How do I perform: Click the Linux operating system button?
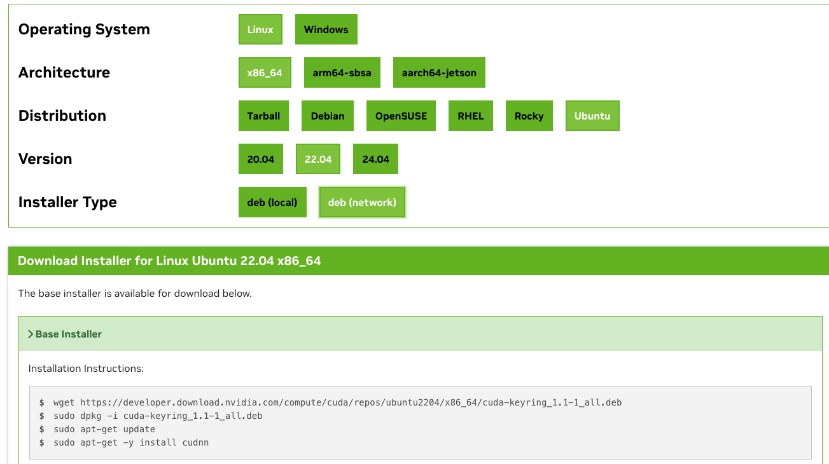click(x=260, y=30)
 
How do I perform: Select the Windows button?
click(x=326, y=30)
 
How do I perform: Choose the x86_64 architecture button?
click(x=265, y=73)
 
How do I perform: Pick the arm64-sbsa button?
click(x=342, y=73)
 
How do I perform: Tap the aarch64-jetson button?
click(x=439, y=73)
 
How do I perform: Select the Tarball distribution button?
click(x=263, y=116)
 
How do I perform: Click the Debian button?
click(x=328, y=116)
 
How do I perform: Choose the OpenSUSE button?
click(x=401, y=116)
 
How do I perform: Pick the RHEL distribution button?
click(x=471, y=116)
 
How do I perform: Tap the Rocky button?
click(x=529, y=116)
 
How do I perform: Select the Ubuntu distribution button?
click(x=592, y=116)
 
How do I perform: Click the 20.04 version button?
click(x=261, y=160)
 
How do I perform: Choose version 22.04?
click(x=318, y=160)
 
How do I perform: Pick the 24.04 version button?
click(x=375, y=160)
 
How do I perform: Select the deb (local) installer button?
click(x=272, y=203)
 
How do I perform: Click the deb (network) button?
click(x=362, y=203)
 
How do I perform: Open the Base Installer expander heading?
click(x=69, y=334)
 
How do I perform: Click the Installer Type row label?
click(x=67, y=203)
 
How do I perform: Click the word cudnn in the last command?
click(x=195, y=442)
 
